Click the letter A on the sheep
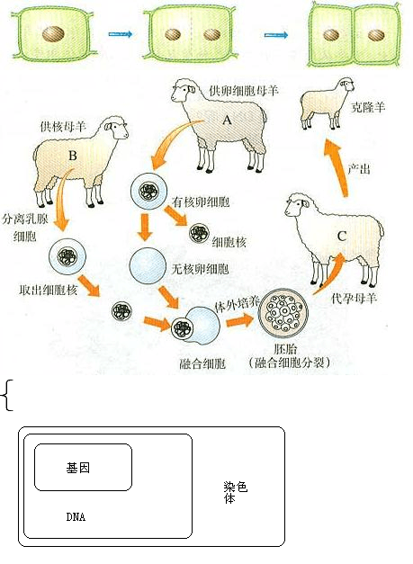point(227,120)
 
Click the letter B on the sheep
point(73,156)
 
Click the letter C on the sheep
point(341,237)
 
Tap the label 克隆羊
point(368,107)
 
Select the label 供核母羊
point(63,127)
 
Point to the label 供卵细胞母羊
point(244,90)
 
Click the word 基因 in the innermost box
point(77,468)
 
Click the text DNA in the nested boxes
point(76,517)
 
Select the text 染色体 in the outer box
point(235,492)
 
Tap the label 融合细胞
point(202,363)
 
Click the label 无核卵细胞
point(200,269)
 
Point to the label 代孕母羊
point(354,298)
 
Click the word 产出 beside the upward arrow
point(359,169)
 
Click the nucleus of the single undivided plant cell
point(53,34)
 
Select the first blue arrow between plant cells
point(121,34)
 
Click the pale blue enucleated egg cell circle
point(148,265)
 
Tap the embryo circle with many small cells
point(284,312)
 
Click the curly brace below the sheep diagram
point(7,395)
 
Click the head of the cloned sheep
point(346,86)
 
